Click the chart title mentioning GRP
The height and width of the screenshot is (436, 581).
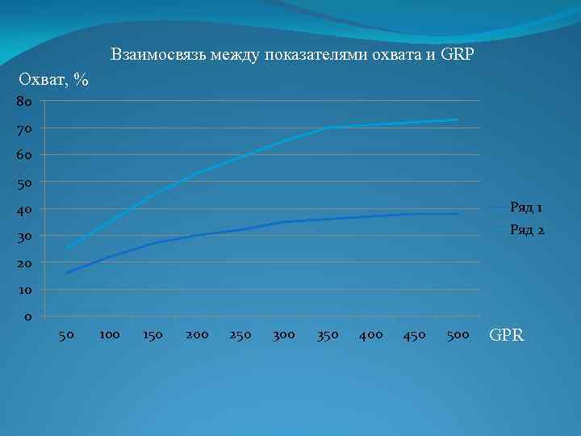293,56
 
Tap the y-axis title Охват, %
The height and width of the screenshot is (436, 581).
53,80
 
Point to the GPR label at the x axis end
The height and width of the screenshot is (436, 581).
507,334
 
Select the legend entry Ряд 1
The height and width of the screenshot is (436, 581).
526,208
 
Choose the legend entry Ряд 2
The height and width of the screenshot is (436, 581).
526,231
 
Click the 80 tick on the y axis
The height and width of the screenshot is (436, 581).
23,102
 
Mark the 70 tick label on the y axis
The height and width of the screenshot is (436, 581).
23,128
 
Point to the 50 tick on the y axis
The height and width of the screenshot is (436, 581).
23,182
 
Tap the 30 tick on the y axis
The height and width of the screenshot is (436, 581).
23,236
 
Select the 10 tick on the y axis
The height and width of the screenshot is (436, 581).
23,289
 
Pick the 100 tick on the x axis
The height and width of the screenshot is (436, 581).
110,334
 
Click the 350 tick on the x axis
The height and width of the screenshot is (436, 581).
328,334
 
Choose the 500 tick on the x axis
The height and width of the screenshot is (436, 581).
458,334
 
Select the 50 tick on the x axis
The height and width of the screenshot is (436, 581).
67,334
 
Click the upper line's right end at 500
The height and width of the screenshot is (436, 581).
458,120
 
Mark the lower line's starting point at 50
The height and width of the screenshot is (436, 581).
67,273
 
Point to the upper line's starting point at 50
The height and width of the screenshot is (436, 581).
67,249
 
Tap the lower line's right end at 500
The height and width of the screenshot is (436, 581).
458,214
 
